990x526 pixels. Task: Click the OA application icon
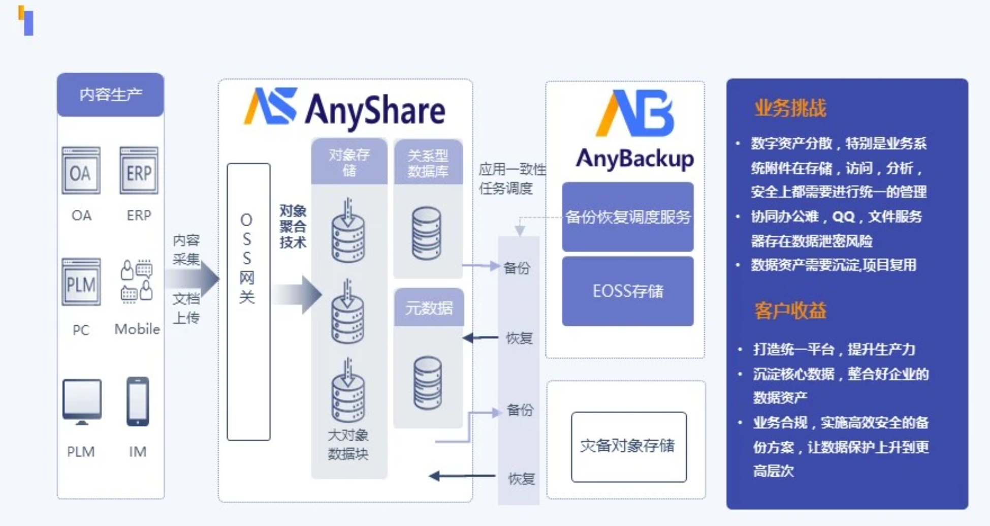81,171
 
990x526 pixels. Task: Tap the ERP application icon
139,171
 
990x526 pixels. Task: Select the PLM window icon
81,282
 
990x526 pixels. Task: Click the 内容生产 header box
110,95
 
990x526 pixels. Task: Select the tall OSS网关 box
248,302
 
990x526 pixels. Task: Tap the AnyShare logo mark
270,106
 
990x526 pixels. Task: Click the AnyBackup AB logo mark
634,113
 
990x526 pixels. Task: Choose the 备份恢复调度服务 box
628,217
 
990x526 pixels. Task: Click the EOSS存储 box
628,291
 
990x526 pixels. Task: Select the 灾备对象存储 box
629,447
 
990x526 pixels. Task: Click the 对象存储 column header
349,162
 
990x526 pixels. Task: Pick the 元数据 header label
429,307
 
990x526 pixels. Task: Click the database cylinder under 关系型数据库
427,233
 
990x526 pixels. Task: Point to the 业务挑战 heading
790,108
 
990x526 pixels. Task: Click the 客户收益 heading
790,311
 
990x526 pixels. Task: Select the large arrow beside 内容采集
192,278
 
